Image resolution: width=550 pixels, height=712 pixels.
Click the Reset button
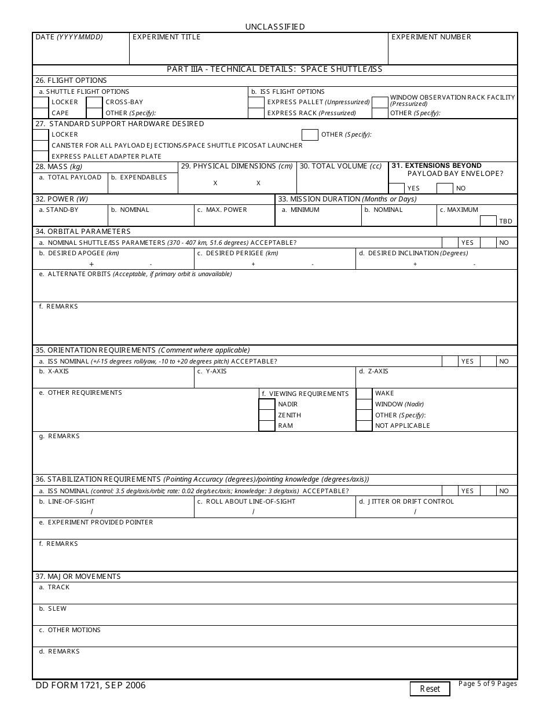[430, 688]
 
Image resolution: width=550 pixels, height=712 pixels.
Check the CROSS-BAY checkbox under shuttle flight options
[94, 102]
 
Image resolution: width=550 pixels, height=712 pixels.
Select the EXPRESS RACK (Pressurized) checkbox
[256, 113]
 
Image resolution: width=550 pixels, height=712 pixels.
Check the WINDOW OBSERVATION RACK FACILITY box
[380, 102]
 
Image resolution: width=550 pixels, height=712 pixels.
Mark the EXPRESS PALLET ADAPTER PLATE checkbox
[41, 156]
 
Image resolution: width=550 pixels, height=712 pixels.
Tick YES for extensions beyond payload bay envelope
[397, 188]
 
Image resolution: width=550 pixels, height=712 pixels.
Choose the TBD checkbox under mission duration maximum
[488, 221]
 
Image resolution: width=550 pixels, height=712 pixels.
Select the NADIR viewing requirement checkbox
[267, 404]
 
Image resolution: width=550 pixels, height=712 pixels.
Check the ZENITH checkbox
[267, 415]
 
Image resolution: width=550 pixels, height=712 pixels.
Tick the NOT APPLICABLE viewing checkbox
[364, 425]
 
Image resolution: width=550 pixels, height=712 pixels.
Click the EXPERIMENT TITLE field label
[167, 37]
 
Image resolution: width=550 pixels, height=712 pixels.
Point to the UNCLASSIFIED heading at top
[274, 27]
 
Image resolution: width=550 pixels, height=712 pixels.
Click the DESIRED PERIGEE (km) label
[238, 253]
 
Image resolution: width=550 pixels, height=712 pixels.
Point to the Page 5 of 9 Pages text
[487, 684]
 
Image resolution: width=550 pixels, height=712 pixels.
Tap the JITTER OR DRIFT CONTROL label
[410, 501]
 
